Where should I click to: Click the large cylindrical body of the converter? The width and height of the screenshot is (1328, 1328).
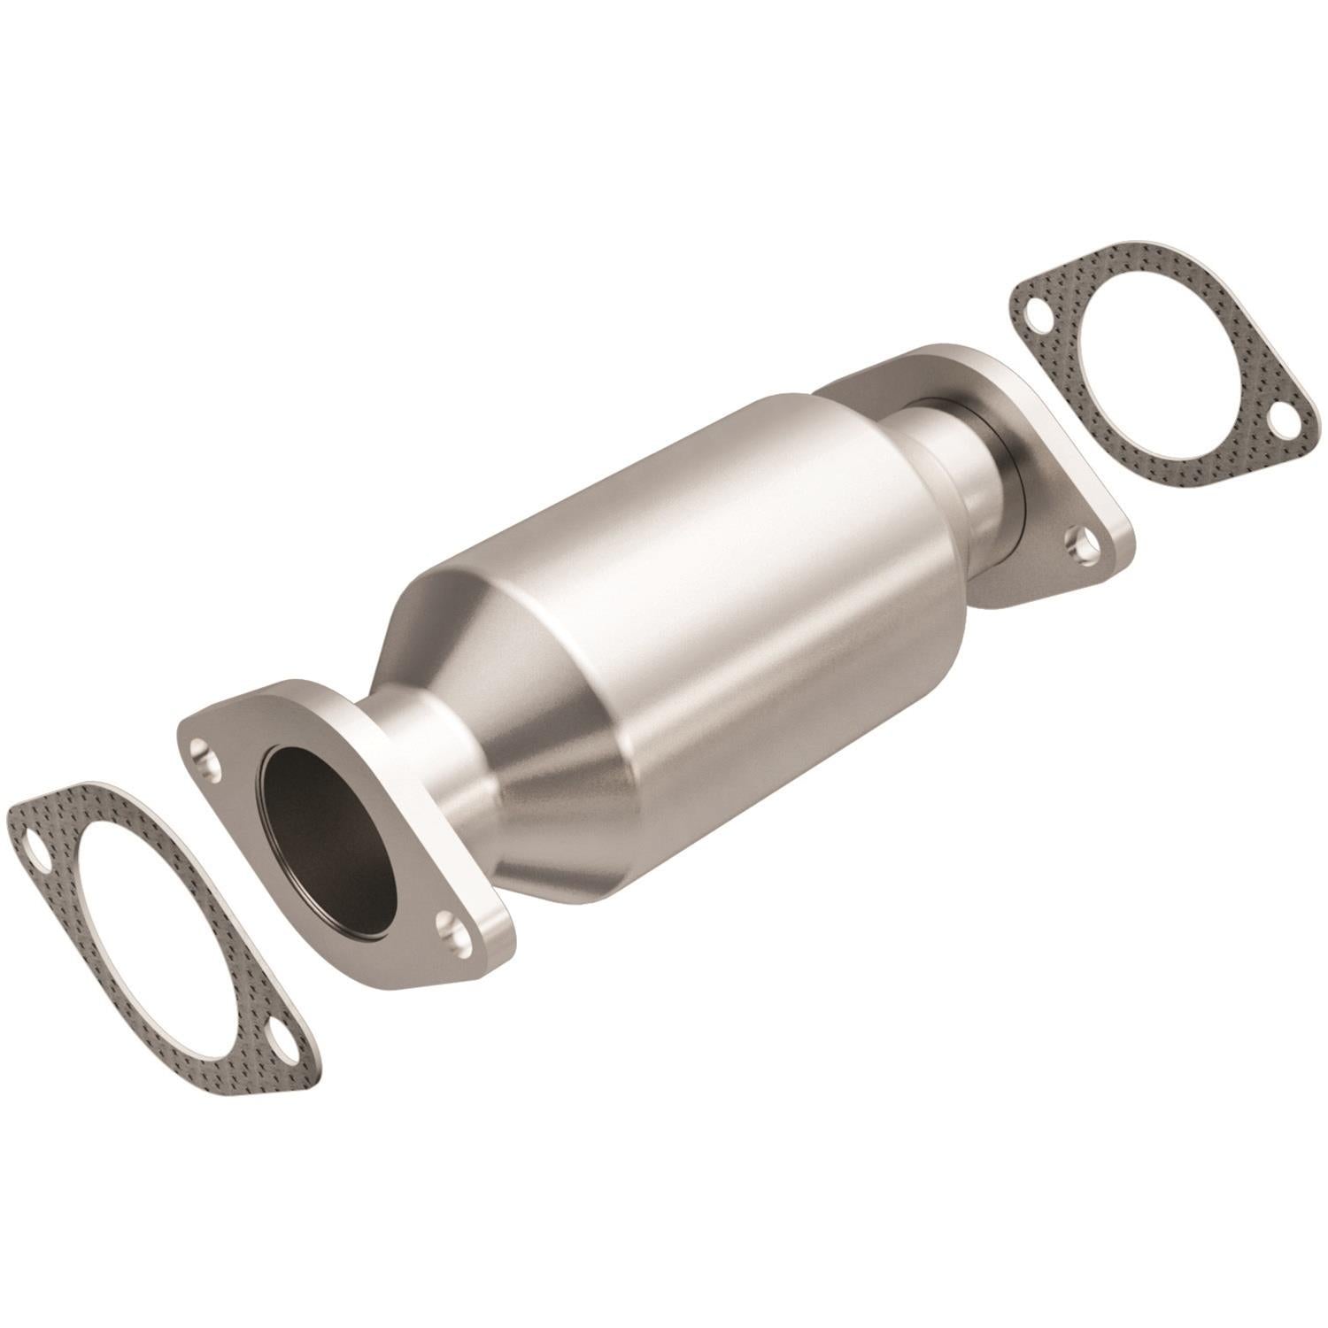708,567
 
